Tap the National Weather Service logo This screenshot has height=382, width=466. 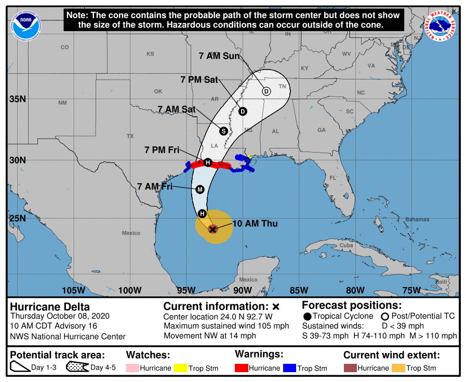[x=442, y=25]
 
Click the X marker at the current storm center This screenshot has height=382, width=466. [x=212, y=229]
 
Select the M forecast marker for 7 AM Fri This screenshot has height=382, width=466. [x=200, y=189]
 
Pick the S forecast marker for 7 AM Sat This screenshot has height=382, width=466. [x=223, y=131]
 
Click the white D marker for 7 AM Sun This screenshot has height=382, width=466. [x=266, y=91]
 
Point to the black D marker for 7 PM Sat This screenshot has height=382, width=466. [x=243, y=112]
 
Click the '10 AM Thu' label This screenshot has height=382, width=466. [x=256, y=224]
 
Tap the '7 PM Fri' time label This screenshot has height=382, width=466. [x=162, y=150]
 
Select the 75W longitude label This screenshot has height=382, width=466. [x=411, y=290]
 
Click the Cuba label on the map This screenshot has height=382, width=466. [x=346, y=245]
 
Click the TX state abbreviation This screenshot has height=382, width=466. [x=130, y=136]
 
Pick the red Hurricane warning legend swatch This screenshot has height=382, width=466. [x=242, y=368]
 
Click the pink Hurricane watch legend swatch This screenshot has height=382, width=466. [x=132, y=368]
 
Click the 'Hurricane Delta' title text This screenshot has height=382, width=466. [x=50, y=307]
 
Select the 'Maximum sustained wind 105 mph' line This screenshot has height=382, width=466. [x=226, y=326]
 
